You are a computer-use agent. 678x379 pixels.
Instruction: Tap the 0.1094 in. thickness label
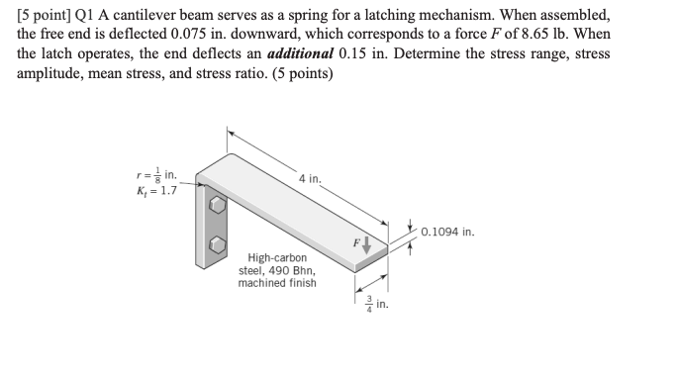(x=447, y=233)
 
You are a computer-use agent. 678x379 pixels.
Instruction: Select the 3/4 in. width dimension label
(x=372, y=305)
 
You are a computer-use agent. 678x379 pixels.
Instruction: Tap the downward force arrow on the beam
(x=368, y=243)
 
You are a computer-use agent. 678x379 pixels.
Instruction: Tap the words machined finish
(x=277, y=283)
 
